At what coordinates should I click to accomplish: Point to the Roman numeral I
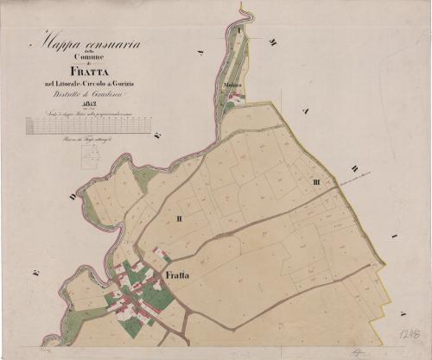[x=238, y=28]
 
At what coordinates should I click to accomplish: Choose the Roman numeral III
[x=317, y=182]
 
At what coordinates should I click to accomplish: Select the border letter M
[x=273, y=42]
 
